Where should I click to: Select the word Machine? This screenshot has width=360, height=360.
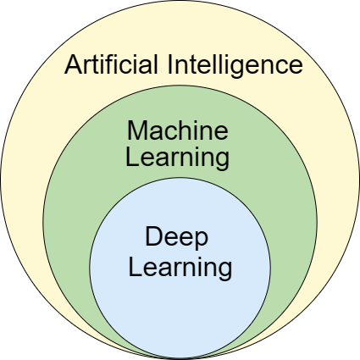[177, 131]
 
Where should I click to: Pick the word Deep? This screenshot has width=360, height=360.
[176, 237]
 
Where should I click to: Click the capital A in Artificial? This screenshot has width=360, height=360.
[75, 64]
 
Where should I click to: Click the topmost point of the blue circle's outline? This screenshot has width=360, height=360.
[180, 178]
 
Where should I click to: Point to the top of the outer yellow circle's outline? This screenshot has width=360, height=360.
[180, 2]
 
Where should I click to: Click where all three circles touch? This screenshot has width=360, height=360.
[180, 357]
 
